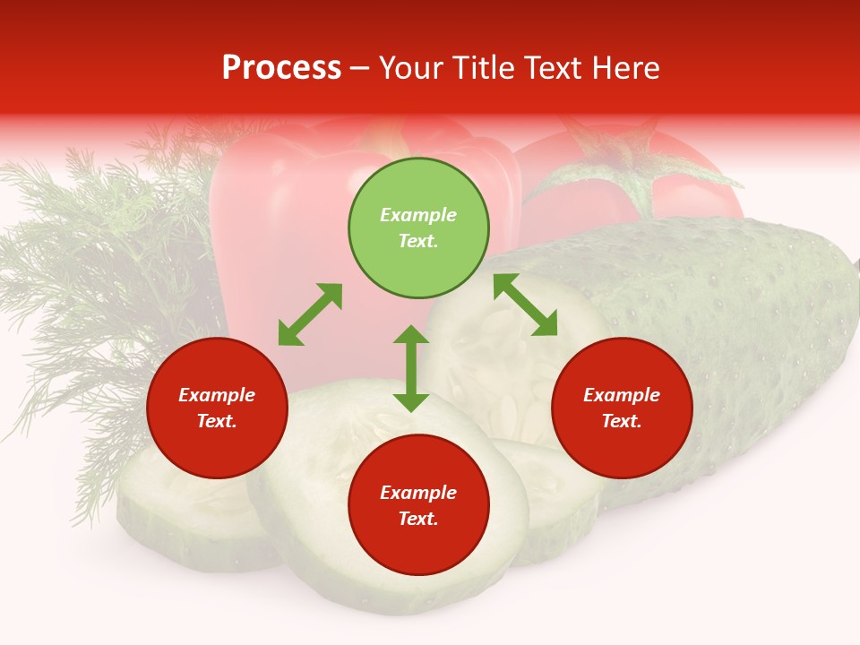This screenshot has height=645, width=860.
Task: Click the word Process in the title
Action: (281, 68)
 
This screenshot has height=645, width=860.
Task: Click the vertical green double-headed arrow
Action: (411, 368)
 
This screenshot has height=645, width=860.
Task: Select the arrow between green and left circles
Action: (310, 314)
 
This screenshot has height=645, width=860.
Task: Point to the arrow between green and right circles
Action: (525, 305)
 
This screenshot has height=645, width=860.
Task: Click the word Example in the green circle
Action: (418, 215)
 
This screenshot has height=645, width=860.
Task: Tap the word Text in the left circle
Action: (217, 421)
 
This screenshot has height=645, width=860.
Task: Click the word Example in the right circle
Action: (622, 395)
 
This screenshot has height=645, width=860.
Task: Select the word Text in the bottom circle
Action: (418, 519)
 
